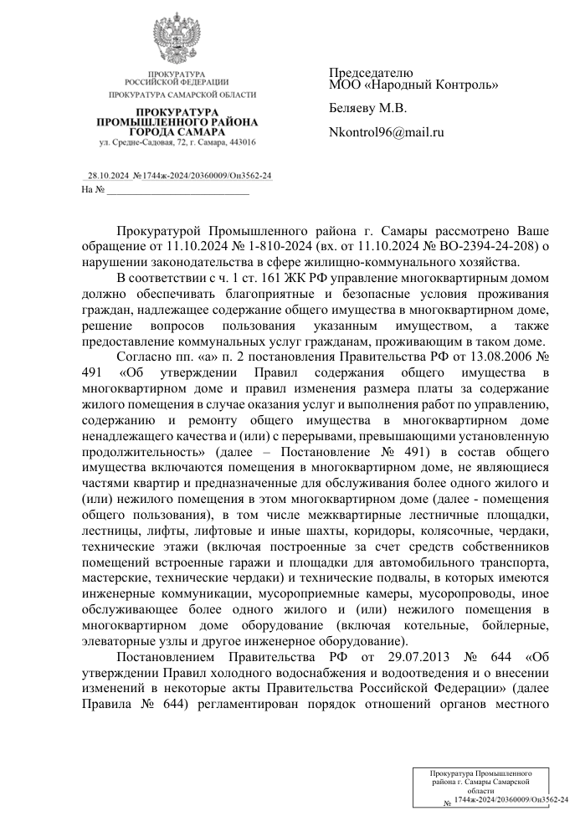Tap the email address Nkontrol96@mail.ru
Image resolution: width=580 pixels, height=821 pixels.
coord(386,132)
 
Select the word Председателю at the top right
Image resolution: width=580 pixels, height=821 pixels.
coord(371,73)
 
